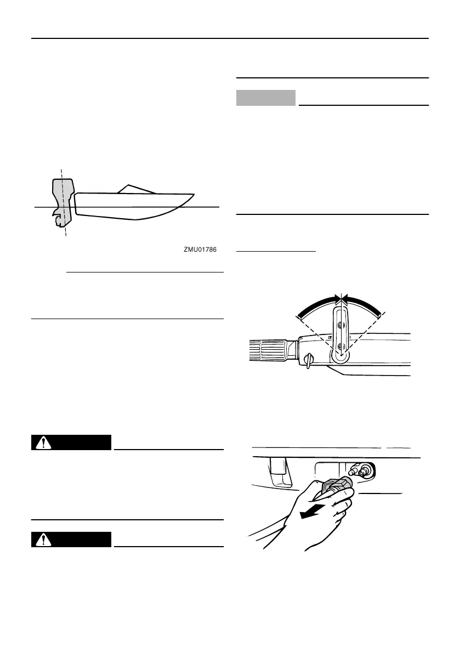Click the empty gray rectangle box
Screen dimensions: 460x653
[x=266, y=98]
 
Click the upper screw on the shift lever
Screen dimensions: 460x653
[x=340, y=325]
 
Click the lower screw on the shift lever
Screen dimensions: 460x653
[x=340, y=345]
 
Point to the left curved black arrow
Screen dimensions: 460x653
[x=317, y=304]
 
